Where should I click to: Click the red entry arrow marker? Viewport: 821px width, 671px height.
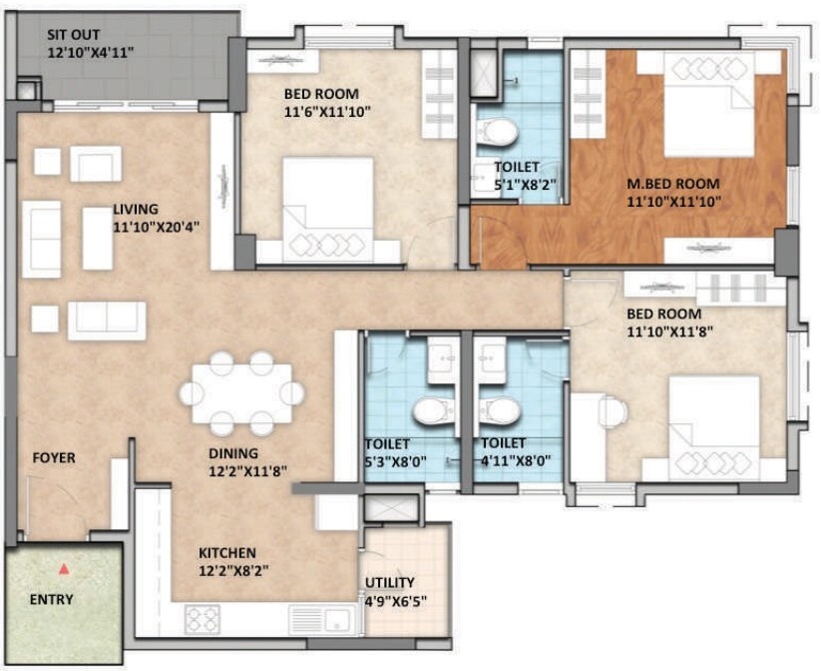click(64, 569)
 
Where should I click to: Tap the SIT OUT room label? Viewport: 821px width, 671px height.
click(73, 35)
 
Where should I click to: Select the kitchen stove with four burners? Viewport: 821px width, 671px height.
click(203, 619)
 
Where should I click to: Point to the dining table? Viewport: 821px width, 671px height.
click(241, 393)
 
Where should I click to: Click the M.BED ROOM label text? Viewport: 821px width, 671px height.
click(673, 184)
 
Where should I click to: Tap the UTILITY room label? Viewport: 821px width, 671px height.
click(390, 583)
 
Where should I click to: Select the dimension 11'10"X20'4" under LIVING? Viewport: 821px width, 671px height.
click(156, 227)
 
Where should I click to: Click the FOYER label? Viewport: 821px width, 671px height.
click(54, 458)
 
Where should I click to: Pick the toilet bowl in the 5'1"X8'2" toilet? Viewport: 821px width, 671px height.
click(497, 132)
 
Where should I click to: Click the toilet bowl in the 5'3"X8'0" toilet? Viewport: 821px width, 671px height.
click(434, 410)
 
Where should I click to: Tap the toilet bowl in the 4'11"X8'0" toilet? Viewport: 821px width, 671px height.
click(500, 410)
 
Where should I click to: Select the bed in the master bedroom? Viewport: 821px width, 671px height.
click(709, 104)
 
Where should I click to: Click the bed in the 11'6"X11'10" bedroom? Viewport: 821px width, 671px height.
click(328, 210)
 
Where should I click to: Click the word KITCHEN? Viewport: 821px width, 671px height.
click(227, 553)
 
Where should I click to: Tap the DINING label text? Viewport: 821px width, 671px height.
click(233, 453)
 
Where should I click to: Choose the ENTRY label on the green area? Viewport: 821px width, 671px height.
click(51, 600)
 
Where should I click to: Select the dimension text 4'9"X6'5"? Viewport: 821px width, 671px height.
click(396, 601)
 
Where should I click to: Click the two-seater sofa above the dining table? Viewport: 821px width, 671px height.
click(107, 321)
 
